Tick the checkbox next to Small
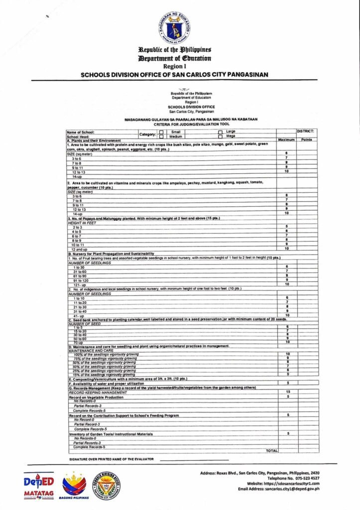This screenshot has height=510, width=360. (x=161, y=132)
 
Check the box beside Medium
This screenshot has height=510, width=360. (x=161, y=136)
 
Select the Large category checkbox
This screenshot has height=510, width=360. (x=220, y=132)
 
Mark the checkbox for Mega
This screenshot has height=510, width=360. (x=220, y=136)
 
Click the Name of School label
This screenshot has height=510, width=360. (x=80, y=132)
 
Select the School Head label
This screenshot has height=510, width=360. (x=78, y=136)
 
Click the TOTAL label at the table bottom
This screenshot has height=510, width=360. (x=272, y=450)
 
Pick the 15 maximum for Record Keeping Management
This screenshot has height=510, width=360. (x=287, y=392)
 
